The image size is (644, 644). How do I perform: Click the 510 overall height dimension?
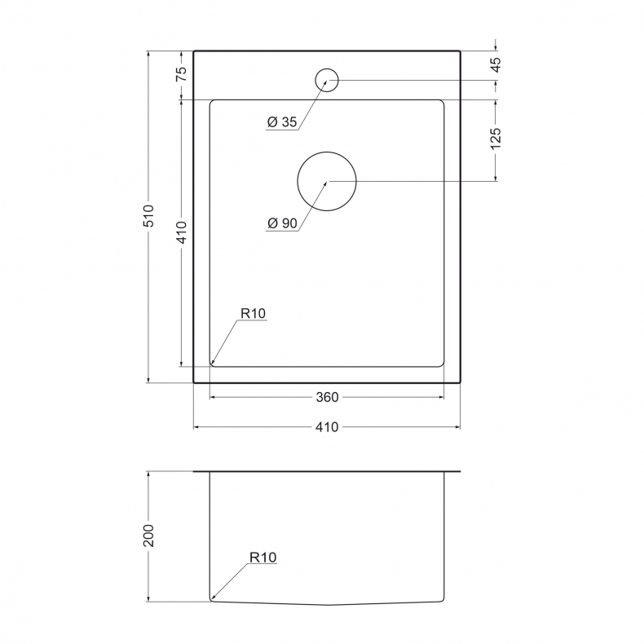pyautogui.click(x=148, y=215)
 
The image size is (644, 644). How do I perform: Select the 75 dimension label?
pyautogui.click(x=181, y=73)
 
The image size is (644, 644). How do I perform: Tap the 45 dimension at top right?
pyautogui.click(x=496, y=64)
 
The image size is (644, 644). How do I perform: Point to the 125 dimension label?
pyautogui.click(x=496, y=139)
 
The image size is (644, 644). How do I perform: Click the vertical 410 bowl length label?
pyautogui.click(x=181, y=232)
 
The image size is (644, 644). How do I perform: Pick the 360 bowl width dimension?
pyautogui.click(x=328, y=397)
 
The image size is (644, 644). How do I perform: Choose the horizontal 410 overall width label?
pyautogui.click(x=328, y=427)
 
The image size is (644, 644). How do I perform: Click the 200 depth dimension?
pyautogui.click(x=148, y=535)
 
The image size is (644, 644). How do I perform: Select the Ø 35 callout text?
pyautogui.click(x=282, y=121)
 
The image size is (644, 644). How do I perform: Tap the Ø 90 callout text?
pyautogui.click(x=282, y=223)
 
